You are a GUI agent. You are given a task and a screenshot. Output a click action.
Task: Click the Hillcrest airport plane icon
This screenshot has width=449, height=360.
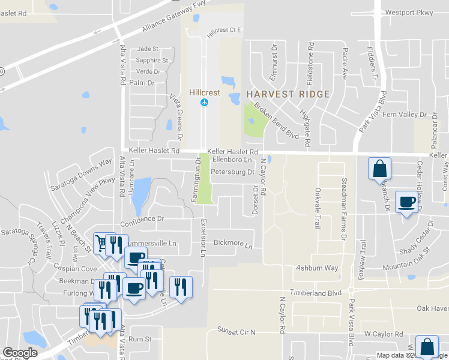pyautogui.click(x=204, y=103)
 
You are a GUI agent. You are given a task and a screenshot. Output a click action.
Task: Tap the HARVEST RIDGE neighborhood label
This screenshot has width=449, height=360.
pyautogui.click(x=288, y=94)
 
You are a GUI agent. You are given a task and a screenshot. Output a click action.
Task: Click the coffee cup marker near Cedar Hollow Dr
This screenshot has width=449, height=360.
pyautogui.click(x=406, y=202)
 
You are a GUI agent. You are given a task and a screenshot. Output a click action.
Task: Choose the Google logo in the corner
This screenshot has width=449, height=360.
pyautogui.click(x=20, y=353)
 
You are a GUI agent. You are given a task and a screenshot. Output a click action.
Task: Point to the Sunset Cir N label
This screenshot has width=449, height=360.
pyautogui.click(x=236, y=332)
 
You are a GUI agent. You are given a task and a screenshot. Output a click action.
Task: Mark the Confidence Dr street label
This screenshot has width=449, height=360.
pyautogui.click(x=142, y=219)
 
